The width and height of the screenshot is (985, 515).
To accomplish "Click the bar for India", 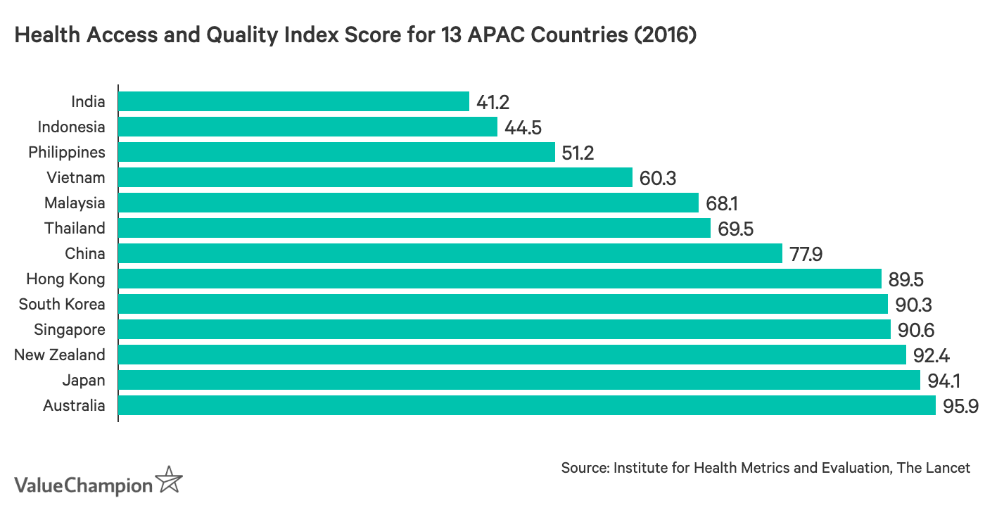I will click(x=293, y=101).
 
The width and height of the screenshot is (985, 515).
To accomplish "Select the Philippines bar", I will click(x=336, y=152).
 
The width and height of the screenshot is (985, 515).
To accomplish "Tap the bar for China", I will click(x=450, y=253).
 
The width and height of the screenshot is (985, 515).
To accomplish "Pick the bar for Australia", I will click(x=526, y=405).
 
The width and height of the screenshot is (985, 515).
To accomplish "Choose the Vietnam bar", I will click(x=375, y=177).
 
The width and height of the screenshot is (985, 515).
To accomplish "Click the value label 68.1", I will click(x=722, y=203).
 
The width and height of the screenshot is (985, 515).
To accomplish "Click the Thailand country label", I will click(x=75, y=228).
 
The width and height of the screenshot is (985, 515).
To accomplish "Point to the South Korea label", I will click(x=62, y=304).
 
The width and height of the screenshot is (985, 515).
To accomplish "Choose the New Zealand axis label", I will click(x=60, y=355).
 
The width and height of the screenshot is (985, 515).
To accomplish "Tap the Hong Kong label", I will click(x=65, y=279).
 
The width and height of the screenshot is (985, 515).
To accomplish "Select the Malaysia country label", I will click(x=75, y=203).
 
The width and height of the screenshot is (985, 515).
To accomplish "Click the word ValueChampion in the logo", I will click(x=83, y=485).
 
